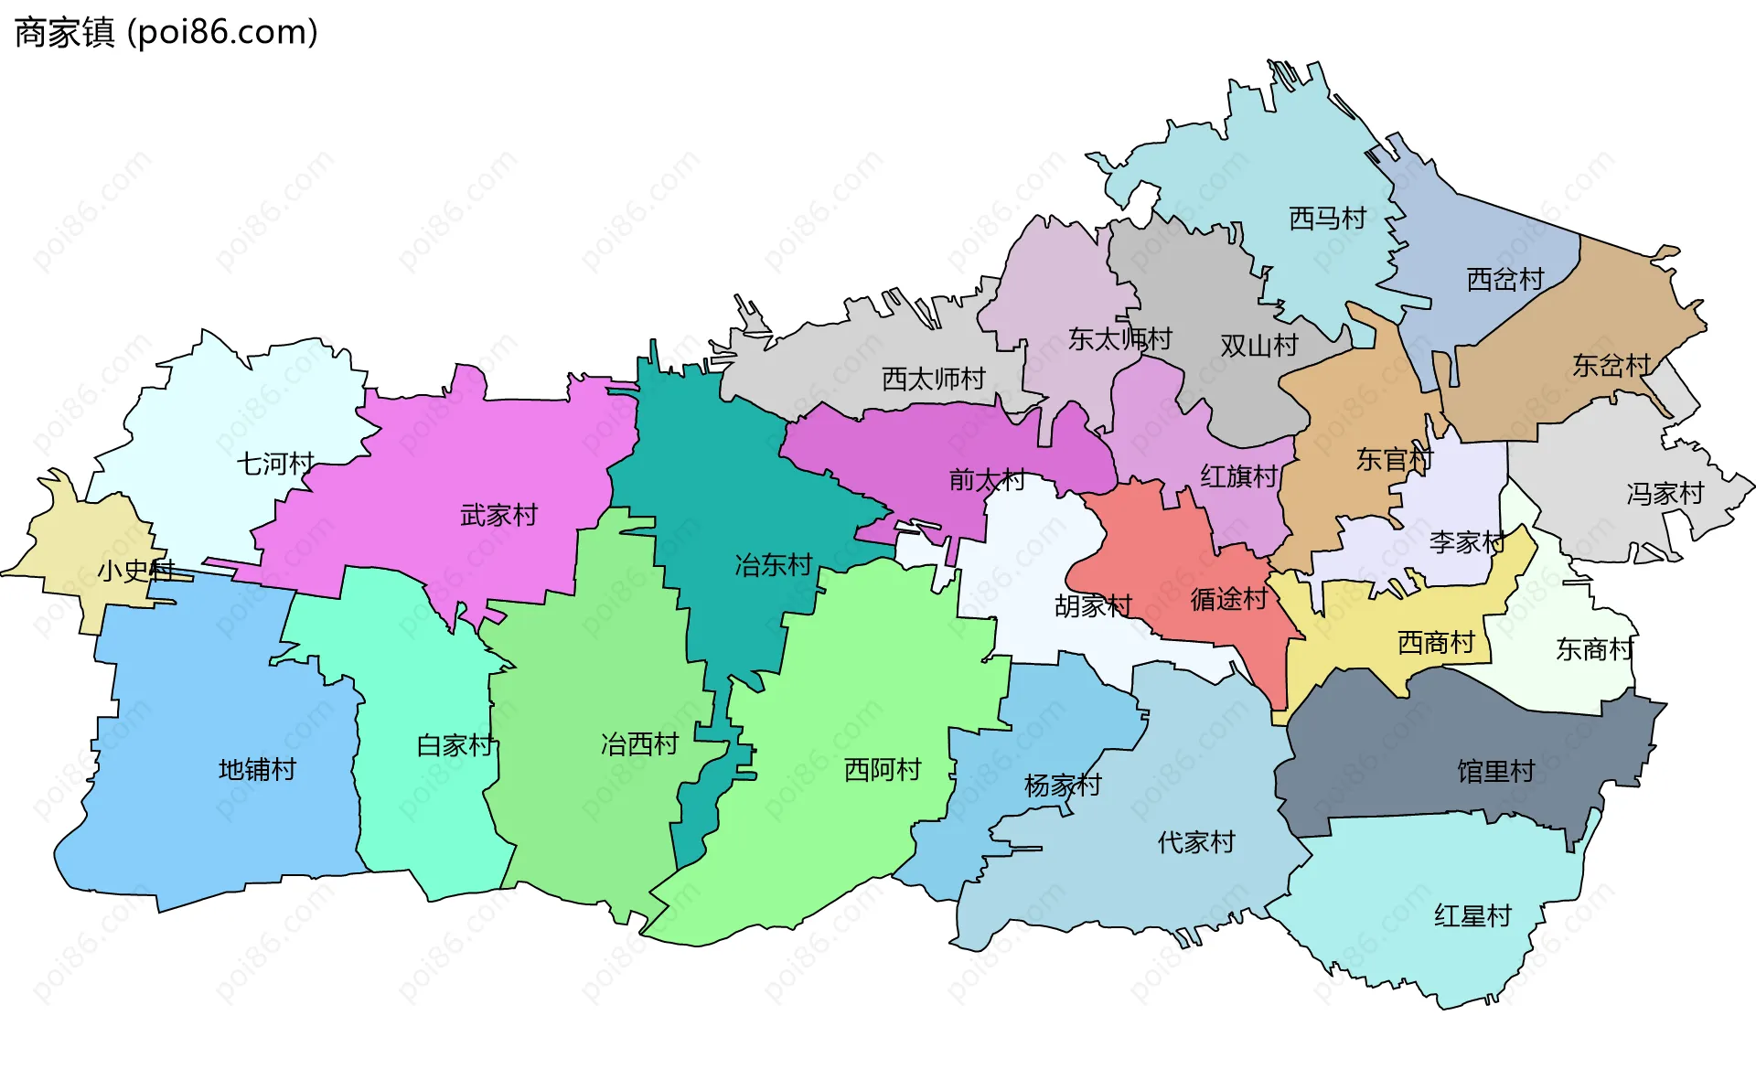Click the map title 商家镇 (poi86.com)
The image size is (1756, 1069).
pos(166,33)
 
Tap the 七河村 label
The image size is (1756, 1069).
pos(275,464)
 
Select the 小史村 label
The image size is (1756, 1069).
pos(135,571)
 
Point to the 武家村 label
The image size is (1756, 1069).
pos(498,516)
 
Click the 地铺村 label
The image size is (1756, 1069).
pos(257,770)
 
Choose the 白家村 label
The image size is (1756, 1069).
pos(455,745)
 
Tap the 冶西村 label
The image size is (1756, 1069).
pos(639,744)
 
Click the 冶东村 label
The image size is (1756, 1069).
pos(774,565)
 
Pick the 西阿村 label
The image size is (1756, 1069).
pos(883,770)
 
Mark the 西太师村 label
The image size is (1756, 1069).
pos(933,379)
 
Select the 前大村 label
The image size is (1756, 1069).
pos(987,479)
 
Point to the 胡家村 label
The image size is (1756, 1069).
pos(1093,605)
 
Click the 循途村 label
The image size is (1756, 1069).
pos(1228,599)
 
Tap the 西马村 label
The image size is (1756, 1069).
pos(1327,219)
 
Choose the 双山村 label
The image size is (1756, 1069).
pos(1259,346)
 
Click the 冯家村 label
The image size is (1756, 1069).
pos(1665,494)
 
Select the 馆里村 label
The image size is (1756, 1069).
pos(1495,772)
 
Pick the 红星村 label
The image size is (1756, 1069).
pos(1472,915)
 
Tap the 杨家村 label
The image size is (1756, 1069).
pos(1063,786)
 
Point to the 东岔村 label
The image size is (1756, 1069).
pos(1611,366)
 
